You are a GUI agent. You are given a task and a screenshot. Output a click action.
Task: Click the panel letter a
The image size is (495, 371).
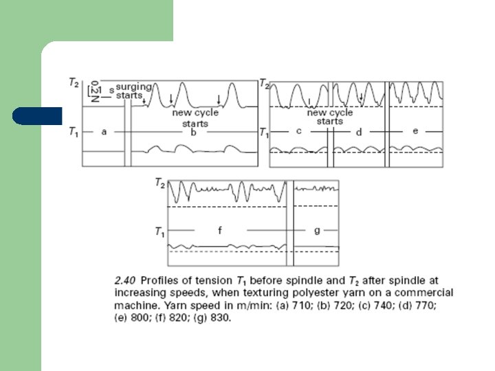tap(104, 132)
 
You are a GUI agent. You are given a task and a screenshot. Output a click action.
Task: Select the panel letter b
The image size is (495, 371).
tap(195, 132)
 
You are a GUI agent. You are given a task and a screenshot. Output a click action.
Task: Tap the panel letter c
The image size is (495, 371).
tap(299, 131)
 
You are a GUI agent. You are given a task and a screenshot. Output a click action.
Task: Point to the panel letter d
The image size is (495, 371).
tap(358, 131)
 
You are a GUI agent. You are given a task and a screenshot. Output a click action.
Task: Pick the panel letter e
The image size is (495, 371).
tap(415, 131)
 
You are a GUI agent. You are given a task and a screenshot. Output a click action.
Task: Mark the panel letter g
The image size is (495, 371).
tap(317, 231)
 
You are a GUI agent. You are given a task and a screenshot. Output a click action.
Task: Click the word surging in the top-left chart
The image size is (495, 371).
tap(130, 88)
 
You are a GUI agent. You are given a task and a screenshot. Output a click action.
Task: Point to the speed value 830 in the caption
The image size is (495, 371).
tap(219, 318)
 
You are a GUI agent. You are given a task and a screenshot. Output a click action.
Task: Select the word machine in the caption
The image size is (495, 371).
tap(134, 305)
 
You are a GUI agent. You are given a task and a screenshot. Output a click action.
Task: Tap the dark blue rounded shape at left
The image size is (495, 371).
tap(36, 115)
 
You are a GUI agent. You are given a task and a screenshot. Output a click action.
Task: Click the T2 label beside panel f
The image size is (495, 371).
tap(160, 183)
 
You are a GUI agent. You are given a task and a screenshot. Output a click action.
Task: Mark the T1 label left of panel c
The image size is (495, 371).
tap(263, 131)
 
